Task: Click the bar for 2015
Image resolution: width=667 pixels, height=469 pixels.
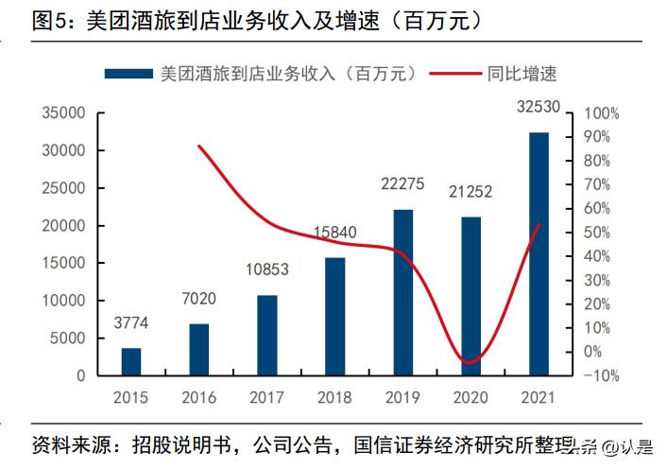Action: pyautogui.click(x=130, y=362)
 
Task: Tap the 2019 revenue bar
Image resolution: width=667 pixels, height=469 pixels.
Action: pyautogui.click(x=402, y=292)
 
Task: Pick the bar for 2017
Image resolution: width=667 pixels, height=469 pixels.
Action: pyautogui.click(x=266, y=336)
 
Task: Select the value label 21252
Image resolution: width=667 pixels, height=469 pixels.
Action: pyautogui.click(x=470, y=192)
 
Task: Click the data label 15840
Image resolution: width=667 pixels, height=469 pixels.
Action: pyautogui.click(x=334, y=233)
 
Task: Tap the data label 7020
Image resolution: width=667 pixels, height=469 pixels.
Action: pyautogui.click(x=198, y=300)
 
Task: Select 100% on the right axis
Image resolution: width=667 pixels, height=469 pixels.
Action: pyautogui.click(x=602, y=113)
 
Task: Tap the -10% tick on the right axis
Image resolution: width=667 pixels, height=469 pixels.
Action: pyautogui.click(x=602, y=375)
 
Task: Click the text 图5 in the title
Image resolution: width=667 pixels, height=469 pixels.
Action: pyautogui.click(x=50, y=20)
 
